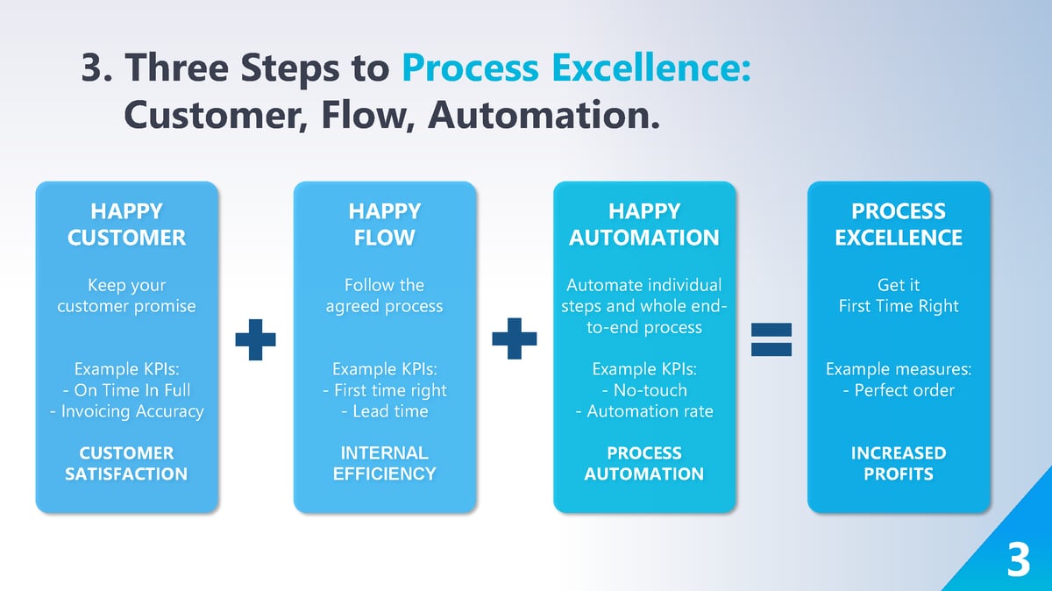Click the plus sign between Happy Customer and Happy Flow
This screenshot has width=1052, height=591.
(255, 338)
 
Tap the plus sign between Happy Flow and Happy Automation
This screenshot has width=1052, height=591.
(515, 338)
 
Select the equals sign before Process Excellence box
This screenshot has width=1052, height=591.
(771, 340)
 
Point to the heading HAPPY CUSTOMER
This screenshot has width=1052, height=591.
(126, 224)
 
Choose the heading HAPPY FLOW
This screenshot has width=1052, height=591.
(384, 224)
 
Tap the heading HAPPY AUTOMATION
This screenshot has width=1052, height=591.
(643, 224)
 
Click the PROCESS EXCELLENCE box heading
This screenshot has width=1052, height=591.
(899, 224)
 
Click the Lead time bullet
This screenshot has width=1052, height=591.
(385, 411)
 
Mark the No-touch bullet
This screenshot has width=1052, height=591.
(644, 390)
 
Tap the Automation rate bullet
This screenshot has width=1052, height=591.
(644, 411)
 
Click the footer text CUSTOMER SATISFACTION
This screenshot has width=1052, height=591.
(126, 464)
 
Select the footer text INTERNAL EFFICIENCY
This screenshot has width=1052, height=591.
(384, 464)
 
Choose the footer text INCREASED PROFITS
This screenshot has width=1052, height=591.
(899, 464)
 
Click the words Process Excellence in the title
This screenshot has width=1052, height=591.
(576, 68)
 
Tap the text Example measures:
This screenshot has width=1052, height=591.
(899, 369)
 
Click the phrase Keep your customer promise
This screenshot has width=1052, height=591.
(126, 296)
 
